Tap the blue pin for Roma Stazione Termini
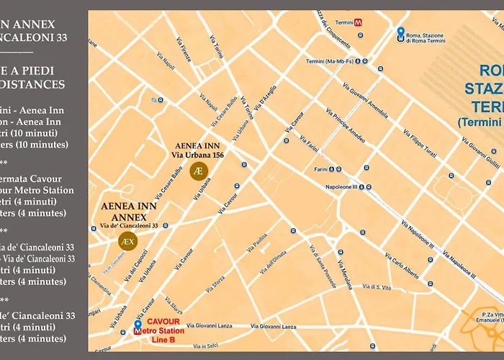point(400,32)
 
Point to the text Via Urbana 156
point(197,153)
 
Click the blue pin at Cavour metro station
point(138,325)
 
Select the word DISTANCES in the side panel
point(40,85)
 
